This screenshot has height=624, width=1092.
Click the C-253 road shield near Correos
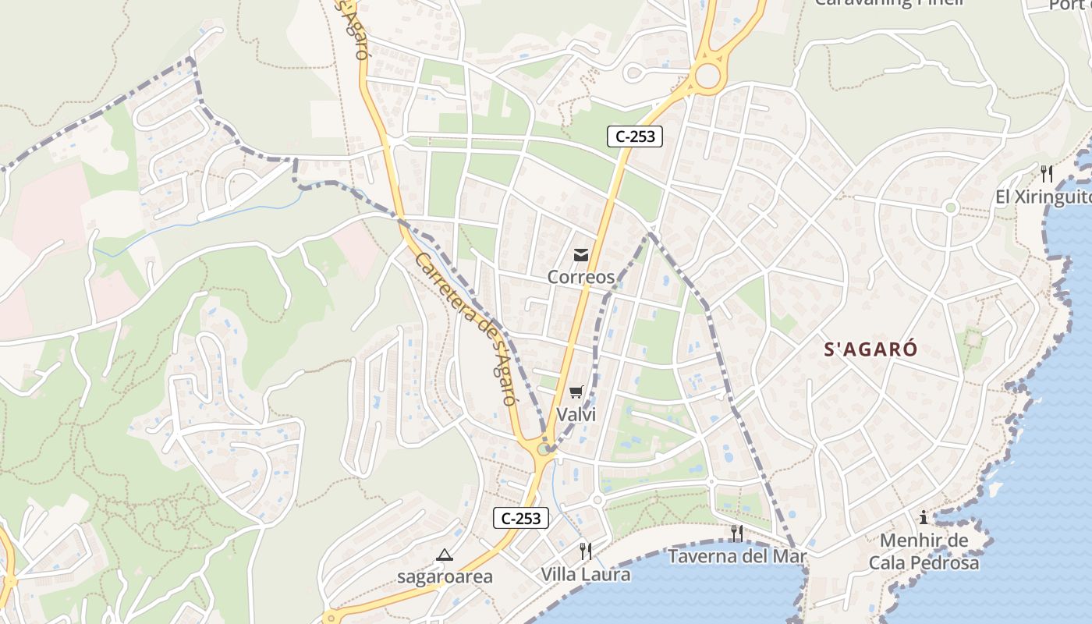[x=634, y=136]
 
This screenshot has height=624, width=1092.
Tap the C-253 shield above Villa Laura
[x=520, y=518]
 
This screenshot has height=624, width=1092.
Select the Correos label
[x=580, y=277]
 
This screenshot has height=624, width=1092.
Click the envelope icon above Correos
[x=580, y=255]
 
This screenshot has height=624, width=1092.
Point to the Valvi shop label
[x=576, y=414]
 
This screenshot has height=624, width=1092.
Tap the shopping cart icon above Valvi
[x=576, y=392]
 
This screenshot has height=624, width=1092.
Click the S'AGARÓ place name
[x=870, y=350]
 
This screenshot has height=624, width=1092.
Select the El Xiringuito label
[x=1043, y=197]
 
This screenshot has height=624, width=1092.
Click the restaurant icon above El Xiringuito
[x=1047, y=173]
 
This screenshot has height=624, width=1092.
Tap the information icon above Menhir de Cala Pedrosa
[x=924, y=517]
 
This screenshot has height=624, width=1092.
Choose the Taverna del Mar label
[x=736, y=556]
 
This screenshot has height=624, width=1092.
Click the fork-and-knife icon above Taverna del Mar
[x=736, y=534]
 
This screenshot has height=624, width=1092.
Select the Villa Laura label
[x=586, y=575]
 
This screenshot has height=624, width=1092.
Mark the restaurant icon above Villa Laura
[x=586, y=551]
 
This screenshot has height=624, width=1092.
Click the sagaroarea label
[x=445, y=577]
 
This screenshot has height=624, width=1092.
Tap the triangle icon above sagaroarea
[x=445, y=555]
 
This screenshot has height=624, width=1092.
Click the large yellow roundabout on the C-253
[x=707, y=76]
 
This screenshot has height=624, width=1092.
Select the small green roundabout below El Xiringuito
[x=950, y=207]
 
